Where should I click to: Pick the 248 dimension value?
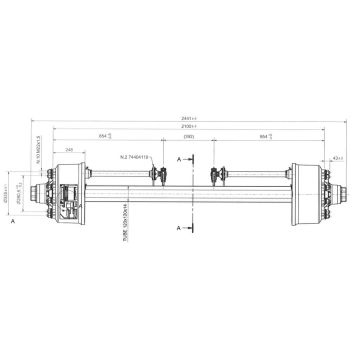pyautogui.click(x=67, y=150)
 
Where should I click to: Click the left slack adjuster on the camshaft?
pyautogui.click(x=155, y=177)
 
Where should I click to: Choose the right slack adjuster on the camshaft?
pyautogui.click(x=215, y=177)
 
